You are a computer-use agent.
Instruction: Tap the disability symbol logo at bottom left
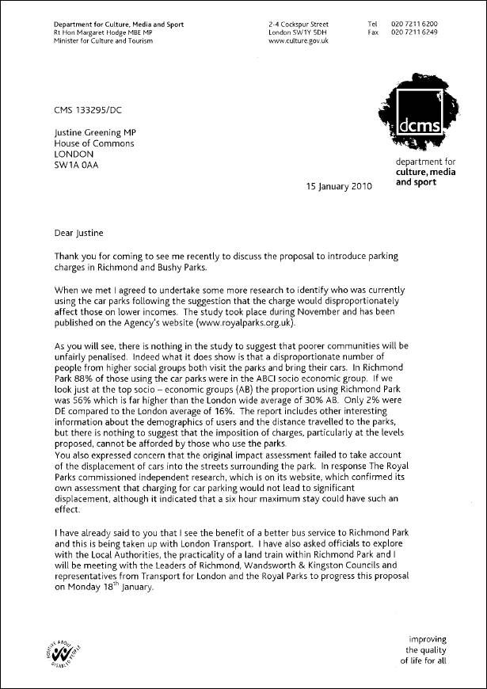tap(70, 652)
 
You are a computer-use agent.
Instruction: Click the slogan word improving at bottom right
tap(428, 638)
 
